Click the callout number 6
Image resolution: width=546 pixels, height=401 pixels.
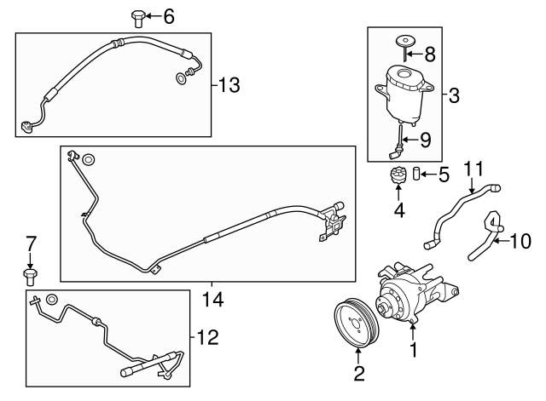click(x=168, y=15)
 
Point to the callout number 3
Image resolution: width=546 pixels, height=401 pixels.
click(x=454, y=95)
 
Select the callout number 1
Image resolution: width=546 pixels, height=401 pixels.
click(x=415, y=349)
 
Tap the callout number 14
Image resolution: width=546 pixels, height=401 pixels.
click(x=212, y=299)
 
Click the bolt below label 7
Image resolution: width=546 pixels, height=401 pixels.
click(x=31, y=275)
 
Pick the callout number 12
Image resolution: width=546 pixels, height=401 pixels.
click(x=208, y=338)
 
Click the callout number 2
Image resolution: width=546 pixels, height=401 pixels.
click(x=359, y=372)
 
